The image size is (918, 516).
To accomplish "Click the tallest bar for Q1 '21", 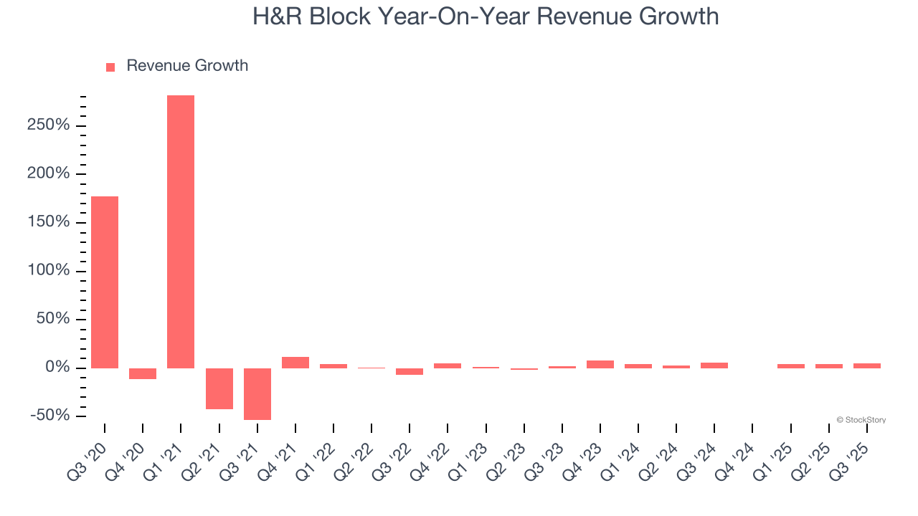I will [x=181, y=231].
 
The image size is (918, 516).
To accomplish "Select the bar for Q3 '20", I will [x=105, y=282].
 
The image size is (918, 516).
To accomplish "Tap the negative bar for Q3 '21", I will [x=257, y=393].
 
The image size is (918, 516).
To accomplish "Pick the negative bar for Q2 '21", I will [x=219, y=388].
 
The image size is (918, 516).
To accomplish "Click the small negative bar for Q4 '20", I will [x=143, y=373].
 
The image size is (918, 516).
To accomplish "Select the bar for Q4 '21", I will [x=295, y=363].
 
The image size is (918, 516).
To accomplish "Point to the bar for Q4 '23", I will [x=600, y=364].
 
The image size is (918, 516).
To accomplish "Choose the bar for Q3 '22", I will [x=410, y=371].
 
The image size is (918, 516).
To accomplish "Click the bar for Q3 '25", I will [x=867, y=365].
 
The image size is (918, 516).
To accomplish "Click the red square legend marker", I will [x=110, y=67].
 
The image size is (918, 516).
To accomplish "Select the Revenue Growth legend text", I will [x=187, y=66].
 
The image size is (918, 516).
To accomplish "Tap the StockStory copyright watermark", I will [x=861, y=420].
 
